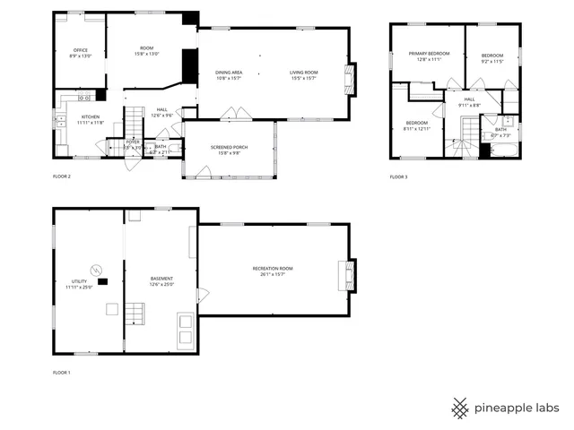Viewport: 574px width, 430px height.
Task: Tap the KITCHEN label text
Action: click(91, 116)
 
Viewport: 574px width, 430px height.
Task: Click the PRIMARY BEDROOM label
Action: click(429, 54)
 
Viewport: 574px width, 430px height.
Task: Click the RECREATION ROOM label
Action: click(272, 268)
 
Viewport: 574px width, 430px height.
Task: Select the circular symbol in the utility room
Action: click(93, 269)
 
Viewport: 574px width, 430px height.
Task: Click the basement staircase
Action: click(135, 313)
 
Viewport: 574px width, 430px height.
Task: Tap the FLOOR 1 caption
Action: click(61, 371)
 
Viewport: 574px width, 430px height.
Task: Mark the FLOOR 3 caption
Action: click(398, 177)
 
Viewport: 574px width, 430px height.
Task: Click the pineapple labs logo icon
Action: click(459, 408)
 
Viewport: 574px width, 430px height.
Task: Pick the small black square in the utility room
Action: click(102, 281)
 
